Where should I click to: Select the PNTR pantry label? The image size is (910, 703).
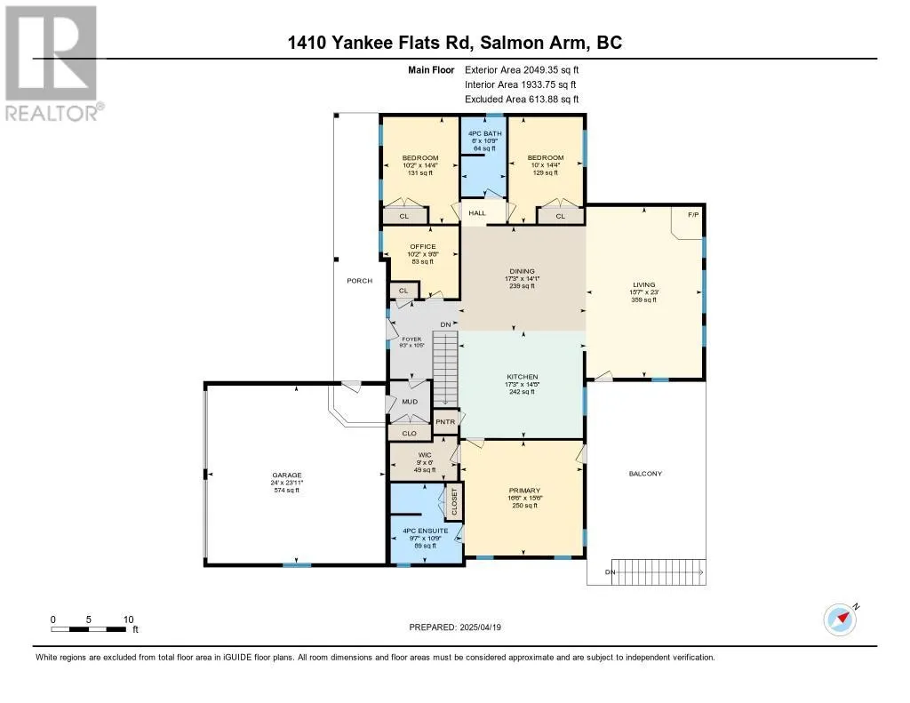(444, 422)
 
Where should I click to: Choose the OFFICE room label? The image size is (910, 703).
(422, 246)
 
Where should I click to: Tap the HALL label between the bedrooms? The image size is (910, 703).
(477, 213)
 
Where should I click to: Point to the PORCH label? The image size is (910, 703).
(359, 281)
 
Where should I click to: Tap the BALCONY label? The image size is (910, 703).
(645, 474)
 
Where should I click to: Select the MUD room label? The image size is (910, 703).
(410, 402)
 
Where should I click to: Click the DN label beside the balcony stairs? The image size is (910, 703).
(610, 571)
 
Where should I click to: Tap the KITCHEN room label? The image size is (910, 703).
(523, 377)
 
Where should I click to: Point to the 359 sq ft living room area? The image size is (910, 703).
(643, 300)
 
